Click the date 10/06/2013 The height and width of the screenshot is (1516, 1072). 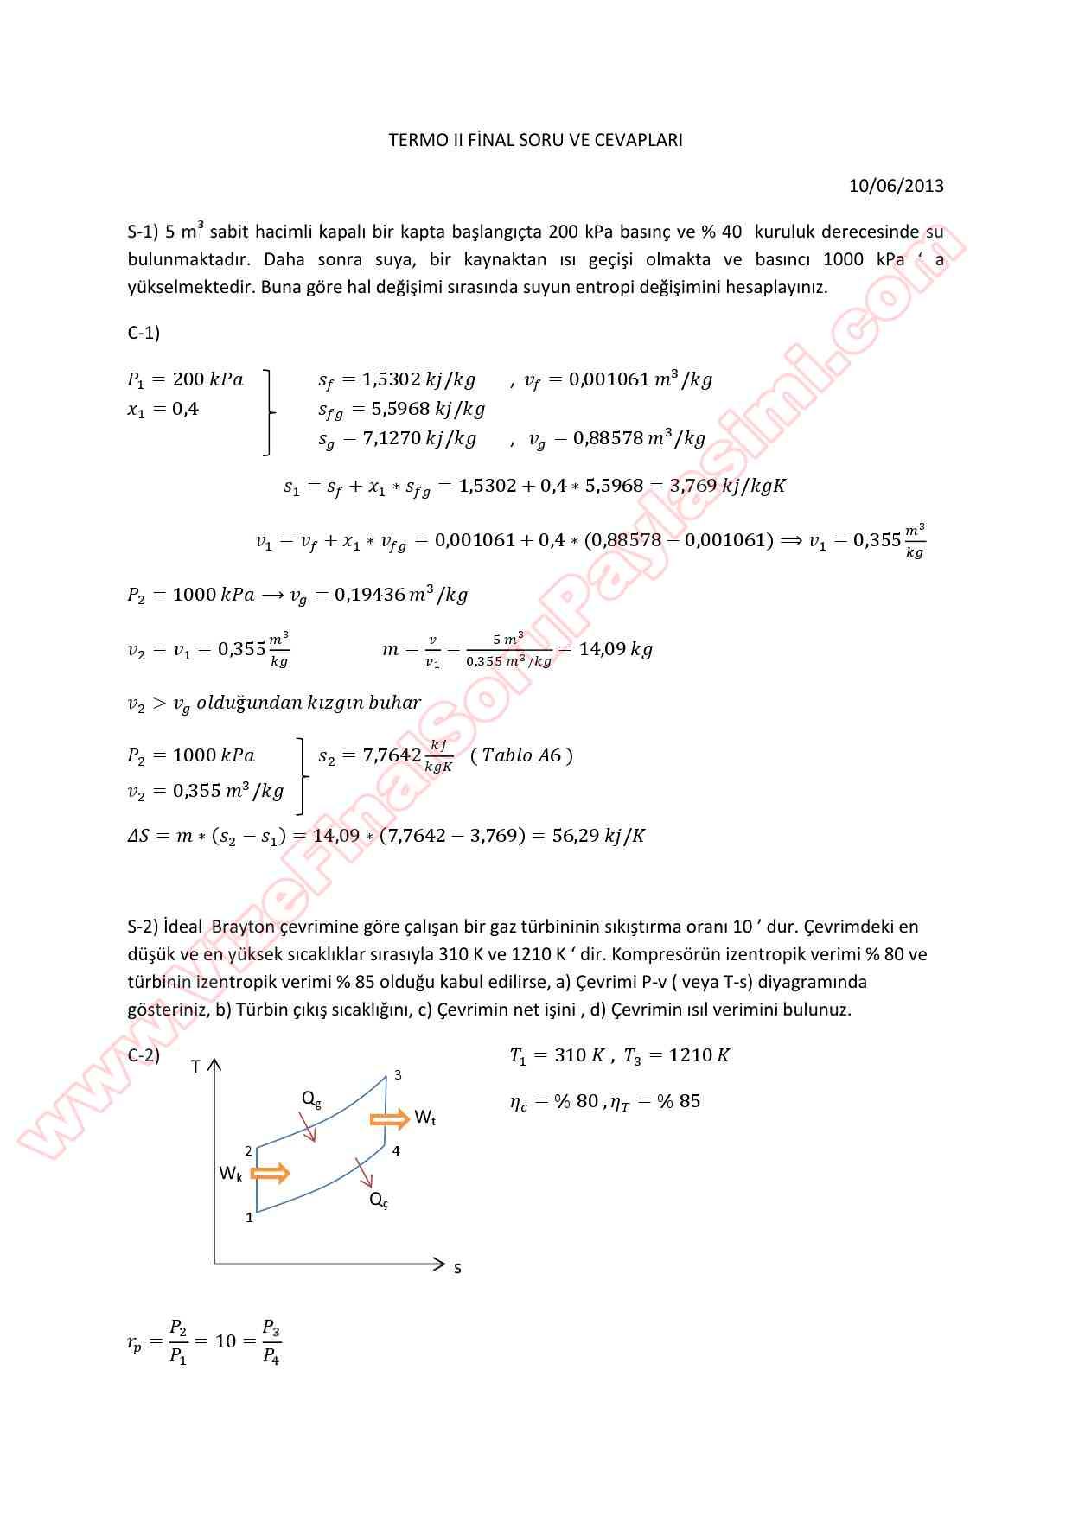pos(896,186)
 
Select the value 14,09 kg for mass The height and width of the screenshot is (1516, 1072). pos(616,649)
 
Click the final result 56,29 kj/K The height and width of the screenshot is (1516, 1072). pos(598,836)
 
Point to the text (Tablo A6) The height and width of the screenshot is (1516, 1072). pos(522,755)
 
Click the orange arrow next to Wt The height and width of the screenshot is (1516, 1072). pos(389,1119)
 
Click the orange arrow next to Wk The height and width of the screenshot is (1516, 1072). pos(270,1173)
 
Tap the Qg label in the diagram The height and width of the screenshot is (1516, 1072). pos(311,1099)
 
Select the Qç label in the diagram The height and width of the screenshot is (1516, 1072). pos(379,1200)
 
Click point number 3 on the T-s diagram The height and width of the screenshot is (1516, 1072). pos(398,1075)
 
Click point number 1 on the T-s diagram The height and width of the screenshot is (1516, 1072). pos(250,1218)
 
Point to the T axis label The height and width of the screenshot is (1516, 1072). pos(195,1067)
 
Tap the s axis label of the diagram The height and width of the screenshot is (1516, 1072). pos(457,1268)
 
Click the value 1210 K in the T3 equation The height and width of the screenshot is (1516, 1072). pos(699,1055)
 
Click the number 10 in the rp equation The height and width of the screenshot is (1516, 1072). pos(225,1341)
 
